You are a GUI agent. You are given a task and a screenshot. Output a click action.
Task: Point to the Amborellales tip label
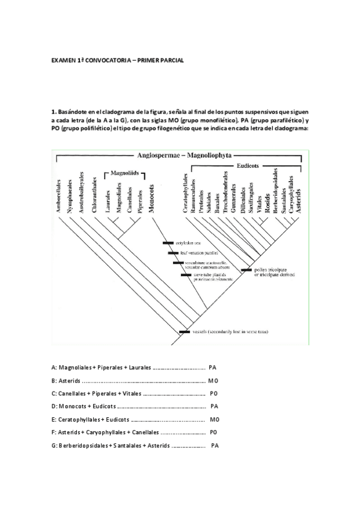[x=58, y=194]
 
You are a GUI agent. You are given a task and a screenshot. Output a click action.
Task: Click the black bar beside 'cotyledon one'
[x=168, y=243]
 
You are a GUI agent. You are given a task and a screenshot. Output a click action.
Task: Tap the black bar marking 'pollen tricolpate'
[x=246, y=271]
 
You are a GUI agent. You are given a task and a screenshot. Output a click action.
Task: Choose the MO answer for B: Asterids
[x=213, y=380]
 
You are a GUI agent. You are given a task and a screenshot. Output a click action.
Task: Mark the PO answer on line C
[x=214, y=393]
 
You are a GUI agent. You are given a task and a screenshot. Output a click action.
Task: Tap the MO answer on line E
[x=215, y=419]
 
